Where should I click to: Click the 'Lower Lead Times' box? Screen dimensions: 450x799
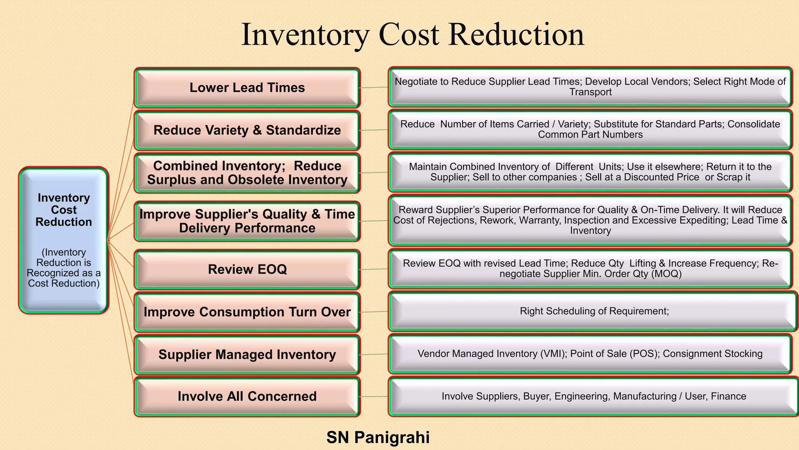tap(247, 87)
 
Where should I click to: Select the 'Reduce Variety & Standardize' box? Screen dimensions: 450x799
tap(247, 130)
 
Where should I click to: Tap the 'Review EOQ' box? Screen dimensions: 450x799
tap(247, 269)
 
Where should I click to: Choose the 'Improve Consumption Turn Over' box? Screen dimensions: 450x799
tap(247, 312)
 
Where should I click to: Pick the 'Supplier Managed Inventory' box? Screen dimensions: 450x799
tap(247, 354)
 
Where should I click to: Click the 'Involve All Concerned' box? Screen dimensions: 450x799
tap(247, 396)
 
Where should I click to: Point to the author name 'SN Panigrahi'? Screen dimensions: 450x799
tap(378, 437)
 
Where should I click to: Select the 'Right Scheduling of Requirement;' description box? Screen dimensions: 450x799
tap(593, 311)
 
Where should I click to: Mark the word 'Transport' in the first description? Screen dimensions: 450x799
tap(590, 92)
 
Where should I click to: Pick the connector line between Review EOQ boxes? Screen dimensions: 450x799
tap(373, 269)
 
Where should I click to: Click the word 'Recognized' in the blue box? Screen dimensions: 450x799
tap(53, 273)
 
